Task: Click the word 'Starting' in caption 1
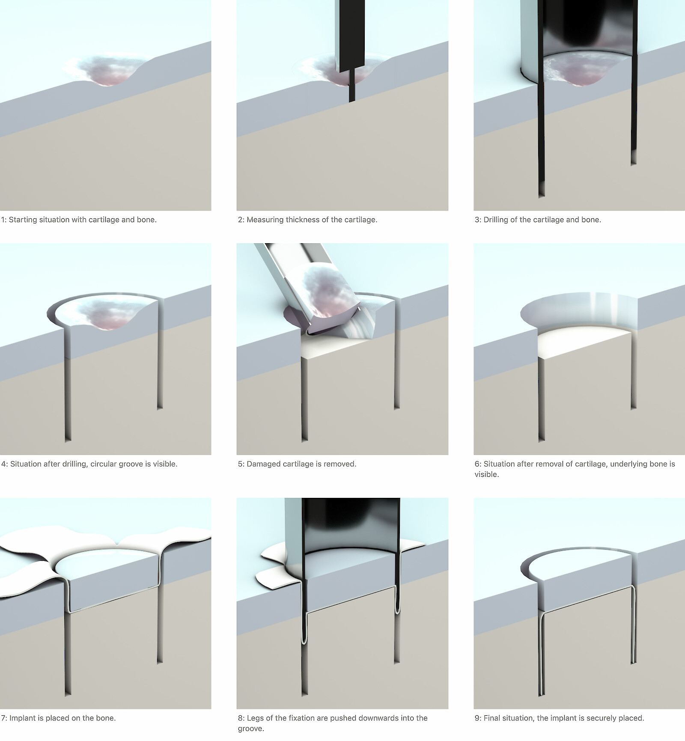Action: (x=23, y=220)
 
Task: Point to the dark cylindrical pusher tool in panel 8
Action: (x=351, y=539)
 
